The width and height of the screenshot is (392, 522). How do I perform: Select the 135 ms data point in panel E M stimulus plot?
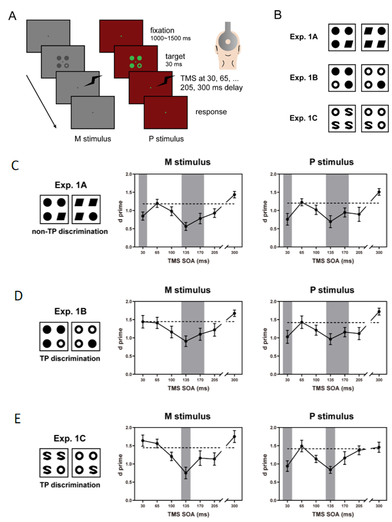click(186, 473)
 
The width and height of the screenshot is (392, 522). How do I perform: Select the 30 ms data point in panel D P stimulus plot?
click(287, 336)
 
